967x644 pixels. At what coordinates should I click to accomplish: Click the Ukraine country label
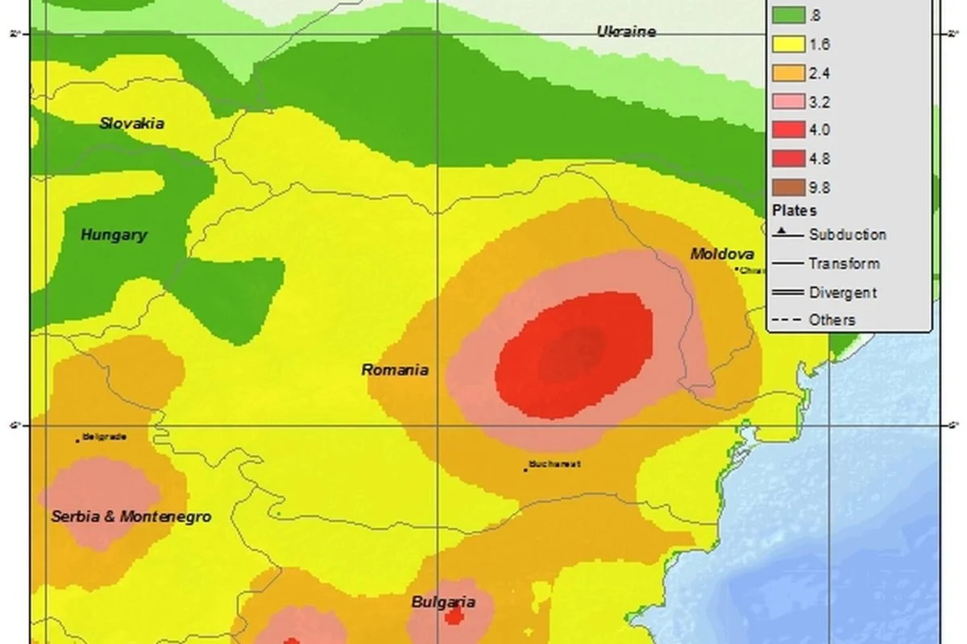point(625,31)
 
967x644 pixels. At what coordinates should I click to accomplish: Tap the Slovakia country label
point(132,123)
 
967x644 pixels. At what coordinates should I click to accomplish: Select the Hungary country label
point(114,235)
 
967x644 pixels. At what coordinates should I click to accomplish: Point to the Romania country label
point(394,370)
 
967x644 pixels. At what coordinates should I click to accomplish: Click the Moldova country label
point(722,254)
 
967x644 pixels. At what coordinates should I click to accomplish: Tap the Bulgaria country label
point(442,602)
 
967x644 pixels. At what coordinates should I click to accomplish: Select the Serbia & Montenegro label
point(131,516)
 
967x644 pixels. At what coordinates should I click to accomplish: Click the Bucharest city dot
point(525,469)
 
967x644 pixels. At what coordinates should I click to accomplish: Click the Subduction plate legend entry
point(847,235)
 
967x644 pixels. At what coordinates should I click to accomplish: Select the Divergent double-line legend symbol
point(787,292)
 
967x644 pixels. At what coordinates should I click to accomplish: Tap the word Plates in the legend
point(794,210)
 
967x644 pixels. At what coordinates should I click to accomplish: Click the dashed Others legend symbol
point(787,320)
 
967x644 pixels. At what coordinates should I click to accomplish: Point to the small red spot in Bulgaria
point(454,617)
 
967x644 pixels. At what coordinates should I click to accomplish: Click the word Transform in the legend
point(844,264)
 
